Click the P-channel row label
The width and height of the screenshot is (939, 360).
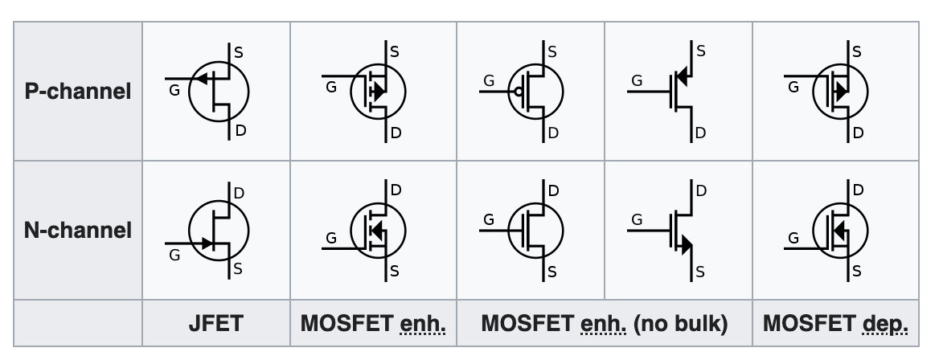[x=79, y=91]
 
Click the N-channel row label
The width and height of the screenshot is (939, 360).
[x=79, y=231]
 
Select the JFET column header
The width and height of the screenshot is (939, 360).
[x=215, y=324]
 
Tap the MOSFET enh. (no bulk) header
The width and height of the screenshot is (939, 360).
[x=603, y=324]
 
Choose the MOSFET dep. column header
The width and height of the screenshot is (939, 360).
[x=836, y=324]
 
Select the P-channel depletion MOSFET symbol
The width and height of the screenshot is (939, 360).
[x=837, y=91]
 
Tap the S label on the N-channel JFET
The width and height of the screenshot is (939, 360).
[x=238, y=269]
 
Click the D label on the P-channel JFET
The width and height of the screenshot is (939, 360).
[x=239, y=133]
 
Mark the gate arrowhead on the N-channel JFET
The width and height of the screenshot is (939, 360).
[x=207, y=242]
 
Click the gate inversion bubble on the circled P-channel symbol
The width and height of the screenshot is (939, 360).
[x=519, y=92]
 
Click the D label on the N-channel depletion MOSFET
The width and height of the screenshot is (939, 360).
[x=857, y=190]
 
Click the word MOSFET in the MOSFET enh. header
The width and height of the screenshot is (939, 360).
[x=334, y=324]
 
